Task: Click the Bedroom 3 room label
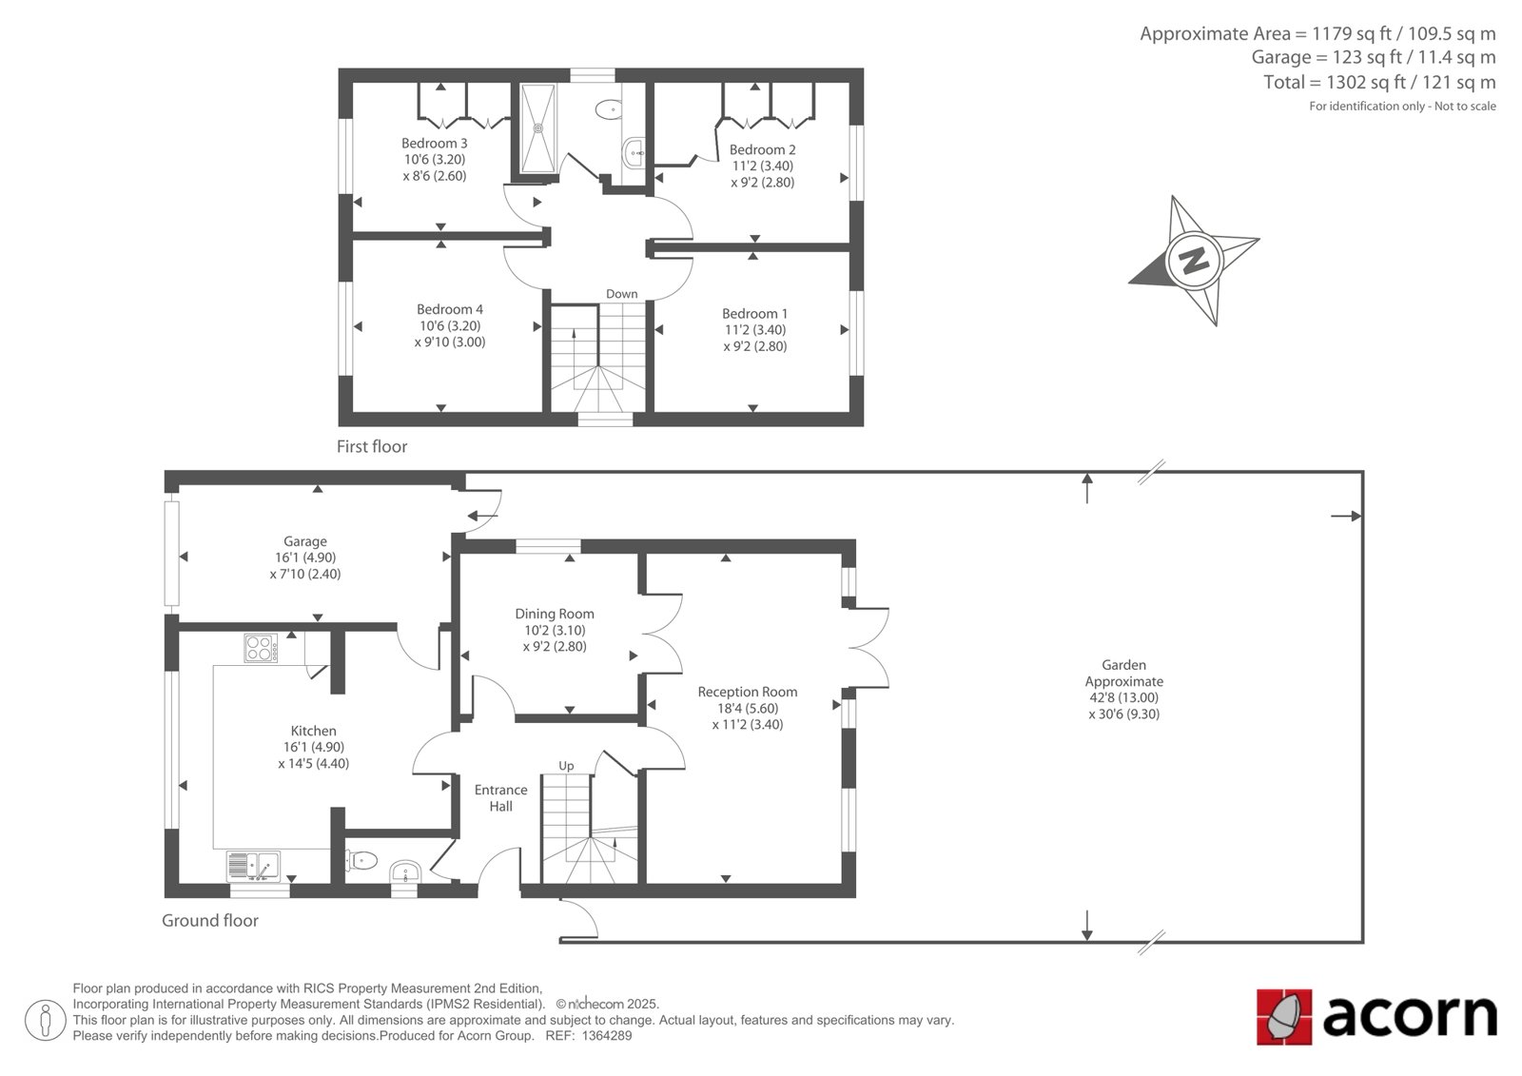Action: (x=434, y=144)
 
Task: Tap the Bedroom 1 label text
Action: (x=755, y=314)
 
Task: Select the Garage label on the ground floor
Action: (x=305, y=541)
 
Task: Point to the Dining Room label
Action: (x=555, y=614)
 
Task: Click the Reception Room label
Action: (x=748, y=692)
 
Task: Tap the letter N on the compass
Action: (x=1194, y=261)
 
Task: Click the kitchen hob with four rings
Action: (x=261, y=648)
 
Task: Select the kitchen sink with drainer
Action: (x=253, y=866)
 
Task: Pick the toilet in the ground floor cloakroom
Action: (x=361, y=861)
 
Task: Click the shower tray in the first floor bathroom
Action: (x=538, y=127)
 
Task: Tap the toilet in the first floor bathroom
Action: (x=610, y=108)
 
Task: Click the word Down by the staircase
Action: (x=622, y=294)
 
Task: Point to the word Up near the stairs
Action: (x=566, y=766)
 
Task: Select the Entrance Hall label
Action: (x=500, y=798)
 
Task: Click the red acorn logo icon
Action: (x=1284, y=1016)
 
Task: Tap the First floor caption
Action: (x=372, y=446)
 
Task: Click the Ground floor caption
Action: (x=210, y=920)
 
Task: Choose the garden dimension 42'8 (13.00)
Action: (x=1123, y=697)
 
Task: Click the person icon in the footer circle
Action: (x=46, y=1020)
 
